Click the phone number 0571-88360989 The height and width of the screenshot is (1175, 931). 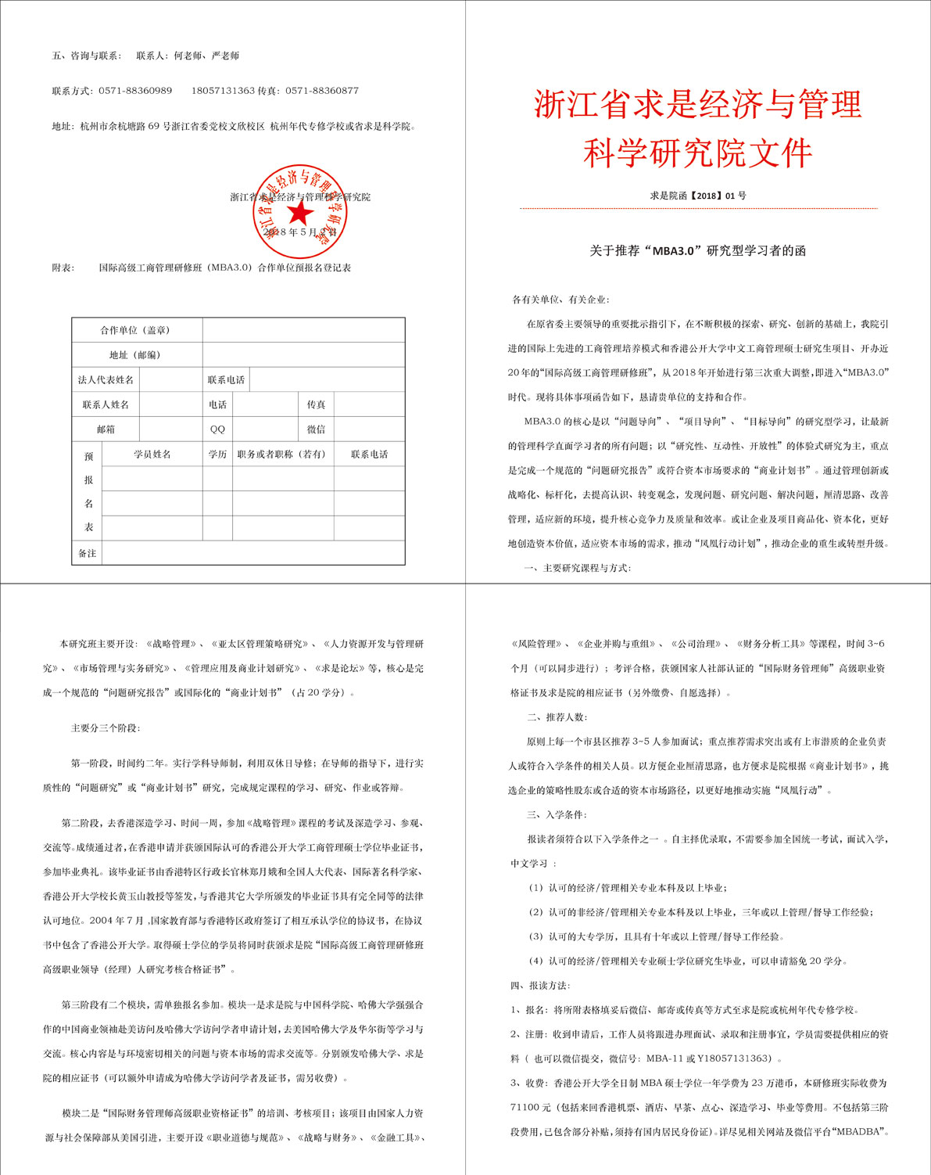click(x=135, y=91)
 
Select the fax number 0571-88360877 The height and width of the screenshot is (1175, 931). click(x=322, y=91)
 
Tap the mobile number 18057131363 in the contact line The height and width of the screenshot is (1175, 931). click(x=223, y=91)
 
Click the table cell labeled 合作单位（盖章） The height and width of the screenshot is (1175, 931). click(x=135, y=330)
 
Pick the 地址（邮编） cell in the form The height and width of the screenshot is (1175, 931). click(x=135, y=355)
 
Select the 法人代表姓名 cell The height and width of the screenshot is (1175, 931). click(x=106, y=380)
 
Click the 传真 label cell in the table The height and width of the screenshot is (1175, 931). click(x=316, y=404)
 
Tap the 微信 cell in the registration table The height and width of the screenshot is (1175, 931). click(x=316, y=429)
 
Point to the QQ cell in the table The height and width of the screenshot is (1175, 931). click(x=217, y=429)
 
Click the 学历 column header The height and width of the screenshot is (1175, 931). click(x=217, y=455)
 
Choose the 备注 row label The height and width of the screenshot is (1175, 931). click(x=87, y=553)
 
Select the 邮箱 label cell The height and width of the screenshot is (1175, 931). click(x=106, y=429)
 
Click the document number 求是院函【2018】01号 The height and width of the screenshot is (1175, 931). click(x=698, y=196)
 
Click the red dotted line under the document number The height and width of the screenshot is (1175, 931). click(x=698, y=209)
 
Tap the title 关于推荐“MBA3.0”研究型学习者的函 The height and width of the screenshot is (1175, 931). click(x=697, y=251)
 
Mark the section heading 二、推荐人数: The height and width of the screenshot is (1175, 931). click(x=557, y=717)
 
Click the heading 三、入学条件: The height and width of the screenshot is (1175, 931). click(x=557, y=814)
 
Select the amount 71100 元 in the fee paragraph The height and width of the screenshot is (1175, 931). click(x=531, y=1108)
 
